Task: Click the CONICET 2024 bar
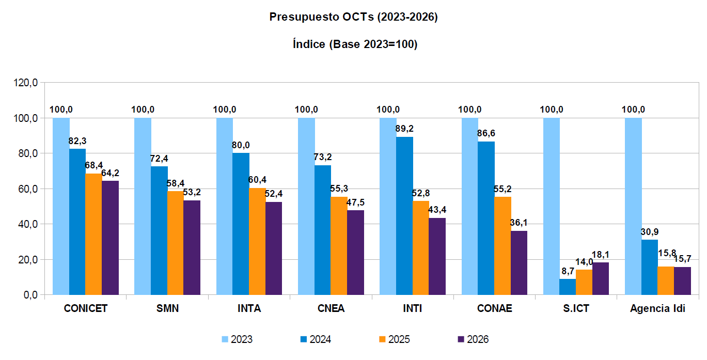click(77, 222)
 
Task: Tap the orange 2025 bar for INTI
click(421, 248)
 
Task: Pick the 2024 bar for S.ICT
click(568, 287)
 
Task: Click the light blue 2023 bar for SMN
click(143, 207)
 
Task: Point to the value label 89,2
click(405, 129)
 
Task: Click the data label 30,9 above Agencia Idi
click(650, 231)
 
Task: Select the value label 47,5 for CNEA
click(355, 202)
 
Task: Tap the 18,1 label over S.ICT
click(601, 254)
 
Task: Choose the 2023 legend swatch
click(225, 339)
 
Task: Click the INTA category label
click(249, 309)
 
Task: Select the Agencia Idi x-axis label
click(657, 309)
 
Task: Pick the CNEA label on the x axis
click(331, 309)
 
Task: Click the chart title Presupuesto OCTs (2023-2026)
click(354, 17)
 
